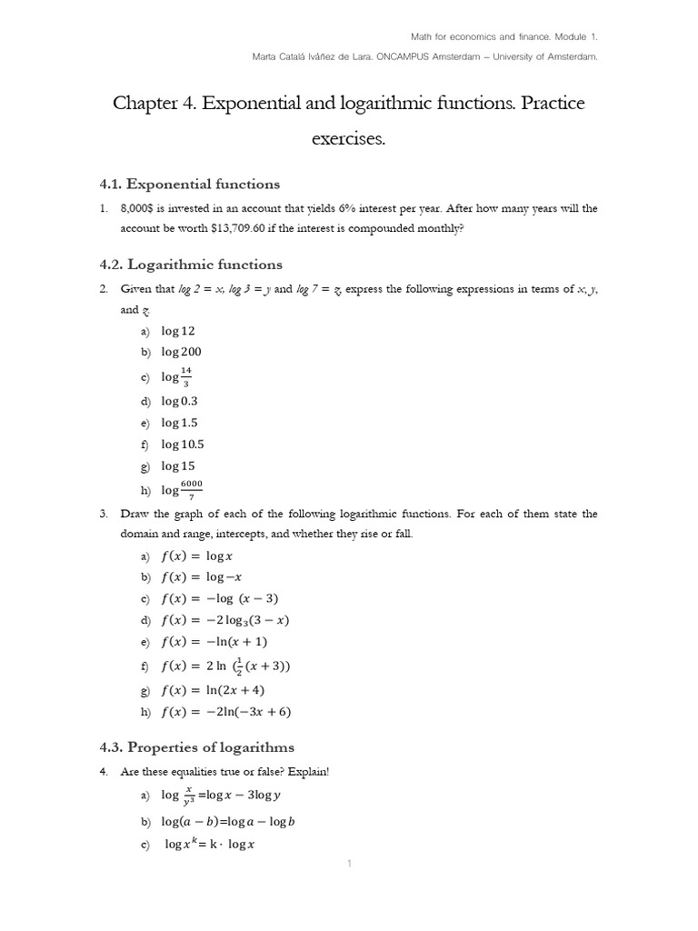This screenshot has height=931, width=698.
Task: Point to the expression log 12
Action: coord(178,332)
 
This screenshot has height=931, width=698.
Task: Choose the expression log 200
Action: coord(182,352)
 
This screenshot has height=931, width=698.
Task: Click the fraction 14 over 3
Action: coord(186,375)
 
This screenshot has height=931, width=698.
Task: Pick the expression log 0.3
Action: coord(179,401)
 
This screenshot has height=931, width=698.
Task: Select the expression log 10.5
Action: coord(182,445)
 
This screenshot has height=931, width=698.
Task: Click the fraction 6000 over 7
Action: coord(192,489)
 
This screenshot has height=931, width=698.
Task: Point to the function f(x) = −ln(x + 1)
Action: coord(214,642)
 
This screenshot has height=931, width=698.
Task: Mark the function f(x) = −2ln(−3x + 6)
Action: coord(226,712)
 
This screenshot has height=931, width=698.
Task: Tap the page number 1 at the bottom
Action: coord(349,864)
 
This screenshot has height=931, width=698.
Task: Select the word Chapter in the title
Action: coord(143,104)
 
